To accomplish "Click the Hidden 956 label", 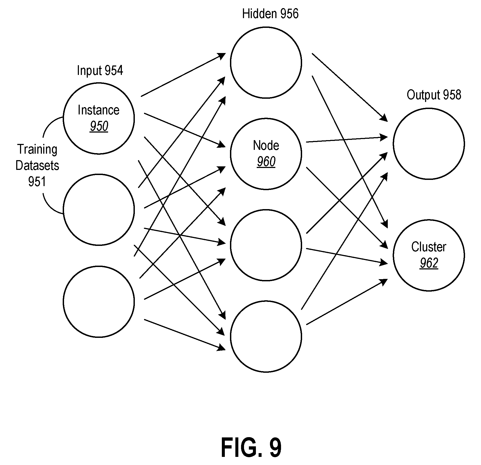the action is click(270, 14).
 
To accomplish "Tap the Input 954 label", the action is click(100, 71).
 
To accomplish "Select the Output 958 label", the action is click(434, 95).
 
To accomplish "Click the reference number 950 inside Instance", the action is click(99, 126).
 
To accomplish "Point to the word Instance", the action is click(99, 110).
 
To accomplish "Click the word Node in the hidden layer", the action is click(266, 146).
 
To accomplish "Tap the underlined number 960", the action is click(266, 162).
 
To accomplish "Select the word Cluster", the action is click(429, 247).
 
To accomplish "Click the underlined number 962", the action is click(429, 263).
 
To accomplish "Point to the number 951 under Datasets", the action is click(37, 182).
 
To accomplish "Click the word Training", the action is click(37, 150).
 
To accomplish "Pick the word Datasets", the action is click(37, 166).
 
